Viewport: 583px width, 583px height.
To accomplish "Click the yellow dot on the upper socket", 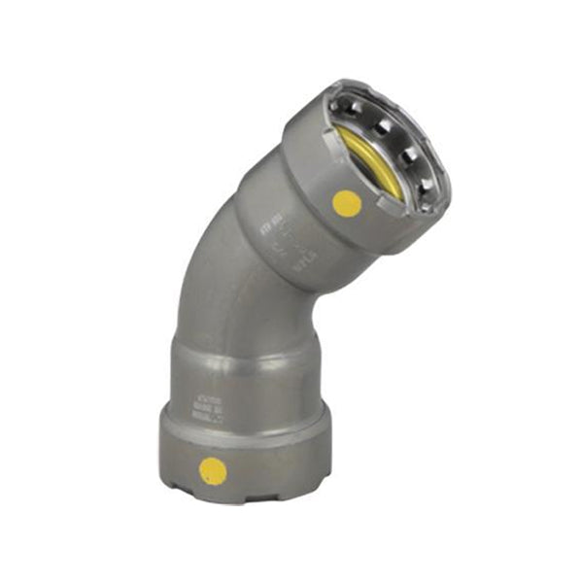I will [347, 203].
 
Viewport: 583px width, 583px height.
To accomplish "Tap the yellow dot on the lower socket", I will [213, 472].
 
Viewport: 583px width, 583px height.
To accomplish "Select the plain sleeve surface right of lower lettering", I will [267, 403].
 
